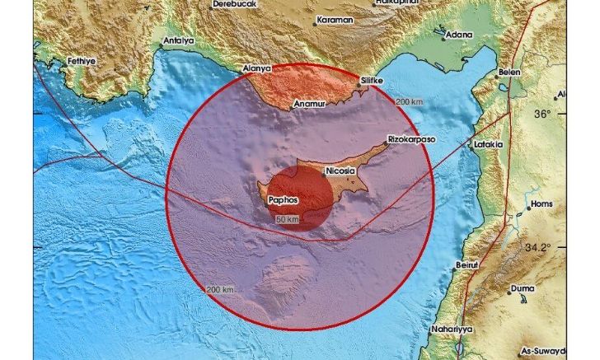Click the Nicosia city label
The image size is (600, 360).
341,171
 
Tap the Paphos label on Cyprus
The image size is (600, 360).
283,199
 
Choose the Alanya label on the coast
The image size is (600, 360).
255,69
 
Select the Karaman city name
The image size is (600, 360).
335,18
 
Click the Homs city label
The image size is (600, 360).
541,203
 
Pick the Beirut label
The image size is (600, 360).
466,264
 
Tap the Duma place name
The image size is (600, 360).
522,289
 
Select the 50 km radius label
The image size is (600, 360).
287,220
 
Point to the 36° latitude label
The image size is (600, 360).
565,114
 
